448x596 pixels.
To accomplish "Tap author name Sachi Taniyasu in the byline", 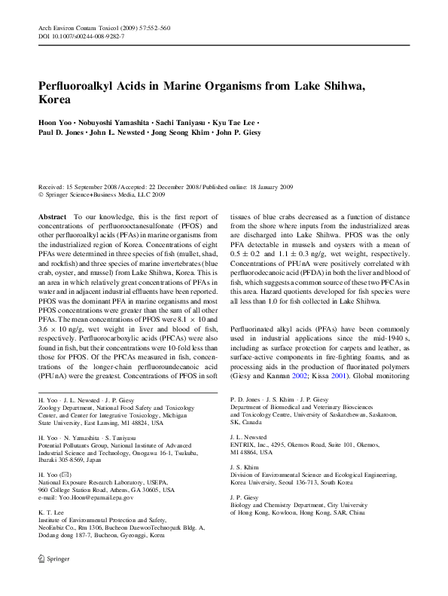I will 172,121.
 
